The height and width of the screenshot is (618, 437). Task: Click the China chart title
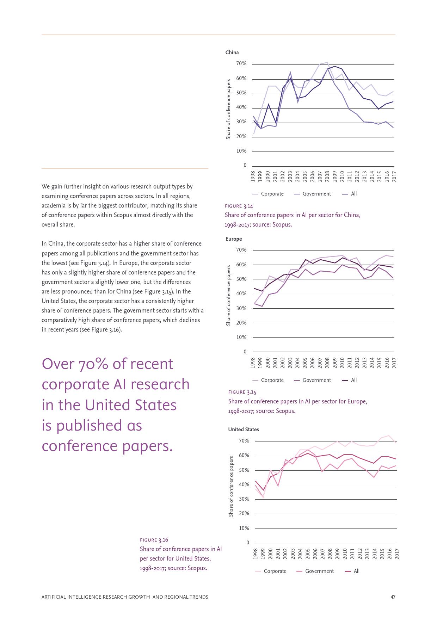tap(232, 52)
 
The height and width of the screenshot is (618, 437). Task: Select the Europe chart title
tap(234, 239)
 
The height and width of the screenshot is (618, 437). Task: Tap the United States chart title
tap(244, 429)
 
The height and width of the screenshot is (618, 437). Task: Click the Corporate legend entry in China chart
tap(272, 194)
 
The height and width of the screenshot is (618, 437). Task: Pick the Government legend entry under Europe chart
tap(316, 380)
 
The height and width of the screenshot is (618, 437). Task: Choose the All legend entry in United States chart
tap(356, 571)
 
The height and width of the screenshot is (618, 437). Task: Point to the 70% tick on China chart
tap(241, 64)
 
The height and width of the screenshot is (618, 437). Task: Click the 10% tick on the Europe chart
tap(241, 337)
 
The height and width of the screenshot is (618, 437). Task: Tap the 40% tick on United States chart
tap(244, 484)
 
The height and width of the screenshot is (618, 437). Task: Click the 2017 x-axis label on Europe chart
tap(394, 363)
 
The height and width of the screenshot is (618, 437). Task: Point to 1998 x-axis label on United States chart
tap(256, 554)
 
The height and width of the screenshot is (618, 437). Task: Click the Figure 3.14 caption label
tap(239, 206)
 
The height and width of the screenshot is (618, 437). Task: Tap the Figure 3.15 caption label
tap(242, 392)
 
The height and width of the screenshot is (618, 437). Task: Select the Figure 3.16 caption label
tap(154, 540)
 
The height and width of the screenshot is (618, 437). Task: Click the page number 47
tap(393, 597)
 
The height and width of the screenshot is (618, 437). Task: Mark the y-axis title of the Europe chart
tap(228, 295)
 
